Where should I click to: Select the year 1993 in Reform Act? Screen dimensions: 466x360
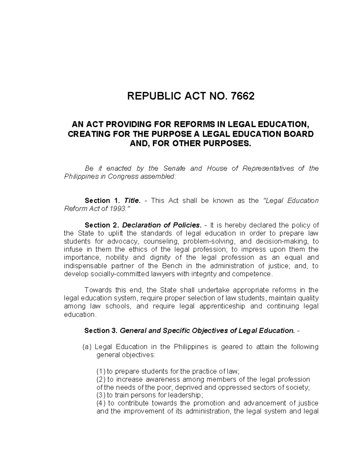[x=117, y=209]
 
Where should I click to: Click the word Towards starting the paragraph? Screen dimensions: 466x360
[x=97, y=290]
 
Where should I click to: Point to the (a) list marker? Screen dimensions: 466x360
[x=87, y=347]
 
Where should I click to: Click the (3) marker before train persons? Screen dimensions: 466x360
[x=101, y=395]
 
